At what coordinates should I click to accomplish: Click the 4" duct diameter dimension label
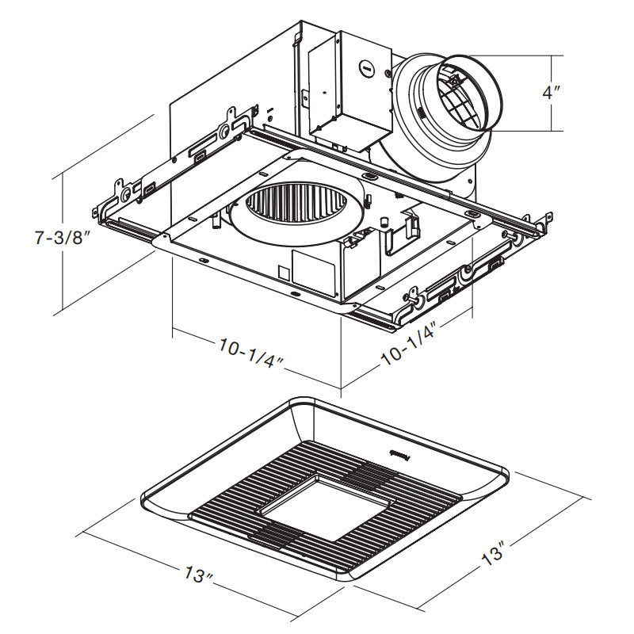pos(551,93)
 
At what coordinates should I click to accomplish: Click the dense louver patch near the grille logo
pos(366,475)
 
